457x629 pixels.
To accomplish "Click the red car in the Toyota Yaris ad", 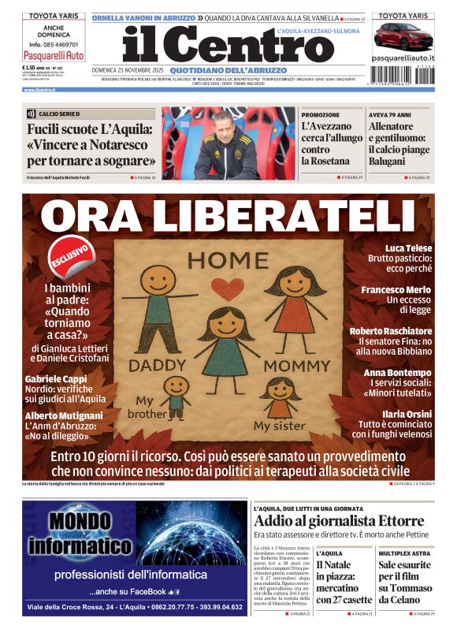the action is click(x=403, y=36).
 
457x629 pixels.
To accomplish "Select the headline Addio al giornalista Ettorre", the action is click(x=339, y=521).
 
